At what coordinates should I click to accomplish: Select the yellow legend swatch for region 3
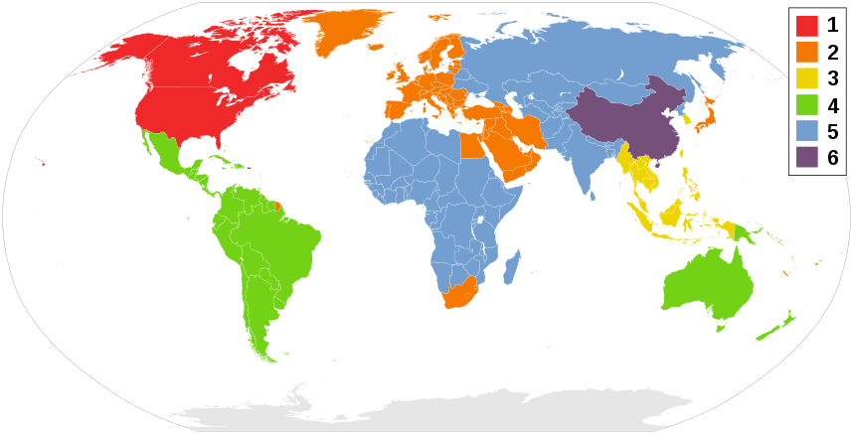(x=806, y=78)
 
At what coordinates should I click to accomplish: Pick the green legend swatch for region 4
(x=806, y=104)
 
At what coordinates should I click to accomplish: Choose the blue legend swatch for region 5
(x=806, y=130)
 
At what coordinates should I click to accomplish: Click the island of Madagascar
(x=513, y=267)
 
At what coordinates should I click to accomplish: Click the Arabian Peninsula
(x=517, y=154)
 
